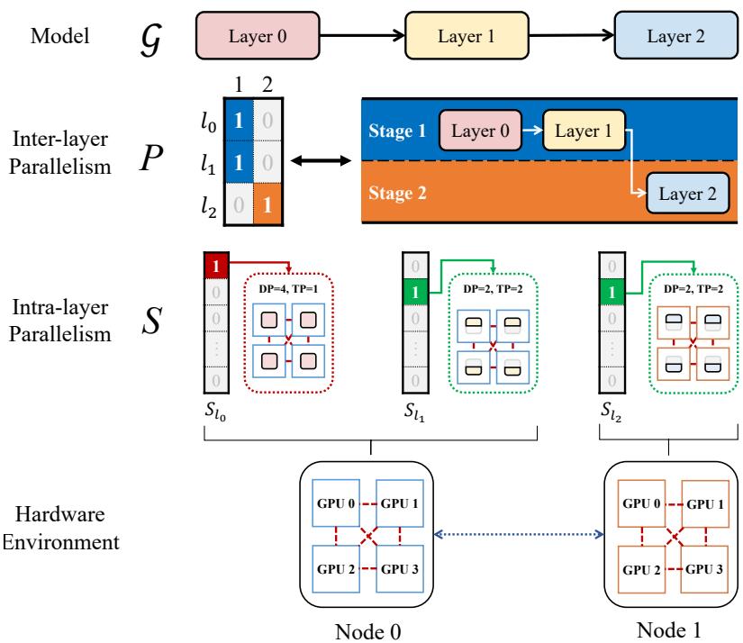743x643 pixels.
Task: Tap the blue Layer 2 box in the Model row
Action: coord(673,37)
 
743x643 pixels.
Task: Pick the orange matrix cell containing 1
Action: coord(266,206)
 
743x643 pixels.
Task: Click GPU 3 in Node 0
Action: coord(399,571)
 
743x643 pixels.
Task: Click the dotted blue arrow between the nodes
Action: coord(518,535)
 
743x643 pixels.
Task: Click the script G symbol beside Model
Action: coord(150,37)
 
